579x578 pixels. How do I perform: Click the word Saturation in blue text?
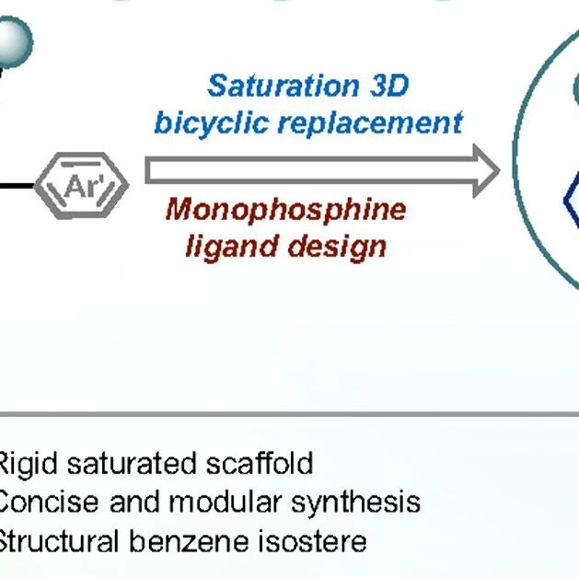click(x=284, y=86)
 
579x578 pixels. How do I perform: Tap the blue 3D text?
click(x=389, y=86)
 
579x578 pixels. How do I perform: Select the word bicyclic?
click(x=211, y=122)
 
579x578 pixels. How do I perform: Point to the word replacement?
click(x=370, y=123)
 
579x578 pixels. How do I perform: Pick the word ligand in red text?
click(x=232, y=246)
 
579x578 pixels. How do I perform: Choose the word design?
click(x=337, y=246)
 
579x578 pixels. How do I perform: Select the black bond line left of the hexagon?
click(x=17, y=186)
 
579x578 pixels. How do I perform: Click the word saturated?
click(x=131, y=464)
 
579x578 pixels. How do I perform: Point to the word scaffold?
click(x=260, y=463)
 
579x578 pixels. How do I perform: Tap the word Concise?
click(x=48, y=502)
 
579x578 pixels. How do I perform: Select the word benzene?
click(x=189, y=541)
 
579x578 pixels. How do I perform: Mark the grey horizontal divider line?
click(x=289, y=414)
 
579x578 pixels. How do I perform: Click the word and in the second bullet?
click(x=134, y=502)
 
